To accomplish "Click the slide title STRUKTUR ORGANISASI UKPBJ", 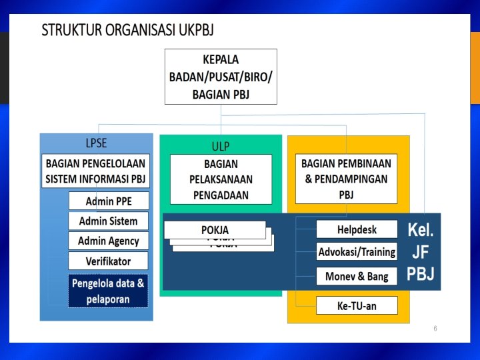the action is (127, 31).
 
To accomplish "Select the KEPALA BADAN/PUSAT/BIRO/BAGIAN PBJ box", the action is (221, 77).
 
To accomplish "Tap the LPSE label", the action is (96, 143).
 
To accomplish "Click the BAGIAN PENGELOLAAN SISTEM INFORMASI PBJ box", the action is (95, 171).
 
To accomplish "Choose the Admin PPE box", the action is (108, 201).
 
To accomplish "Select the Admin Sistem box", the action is (108, 221).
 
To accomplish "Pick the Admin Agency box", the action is (108, 241).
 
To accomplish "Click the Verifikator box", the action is (108, 261).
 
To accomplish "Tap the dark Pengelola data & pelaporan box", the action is (108, 291).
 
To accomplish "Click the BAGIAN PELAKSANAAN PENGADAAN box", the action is (221, 179).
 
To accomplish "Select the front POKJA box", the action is (215, 230).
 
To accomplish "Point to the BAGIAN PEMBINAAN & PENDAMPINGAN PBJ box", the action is (346, 179).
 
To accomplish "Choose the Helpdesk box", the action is (357, 229).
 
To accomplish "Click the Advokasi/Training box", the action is (357, 252).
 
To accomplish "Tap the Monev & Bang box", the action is (357, 275).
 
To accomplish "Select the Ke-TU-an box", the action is (357, 306).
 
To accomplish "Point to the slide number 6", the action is (435, 329).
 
